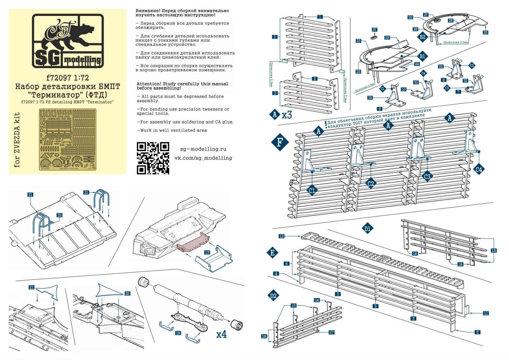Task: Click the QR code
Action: pyautogui.click(x=153, y=158)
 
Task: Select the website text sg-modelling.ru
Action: pyautogui.click(x=203, y=149)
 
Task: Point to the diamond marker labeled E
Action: pyautogui.click(x=272, y=253)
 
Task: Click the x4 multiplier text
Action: pyautogui.click(x=221, y=334)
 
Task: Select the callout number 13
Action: pyautogui.click(x=207, y=252)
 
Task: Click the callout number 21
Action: pyautogui.click(x=31, y=287)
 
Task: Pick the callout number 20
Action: pyautogui.click(x=127, y=294)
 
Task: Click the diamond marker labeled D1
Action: pyautogui.click(x=367, y=228)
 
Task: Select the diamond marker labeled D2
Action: pyautogui.click(x=273, y=296)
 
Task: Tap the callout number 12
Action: pyautogui.click(x=281, y=236)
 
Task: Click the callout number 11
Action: pyautogui.click(x=485, y=313)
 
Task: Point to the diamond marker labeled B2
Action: pyautogui.click(x=422, y=37)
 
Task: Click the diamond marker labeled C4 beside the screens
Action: pyautogui.click(x=478, y=170)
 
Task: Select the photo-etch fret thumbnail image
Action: pyautogui.click(x=67, y=140)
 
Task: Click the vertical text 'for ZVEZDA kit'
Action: pyautogui.click(x=17, y=140)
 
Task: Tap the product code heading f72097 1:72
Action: pyautogui.click(x=67, y=78)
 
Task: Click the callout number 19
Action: pyautogui.click(x=178, y=333)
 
